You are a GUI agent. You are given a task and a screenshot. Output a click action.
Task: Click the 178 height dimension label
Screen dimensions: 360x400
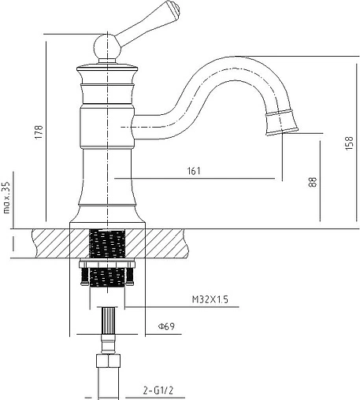[x=39, y=132]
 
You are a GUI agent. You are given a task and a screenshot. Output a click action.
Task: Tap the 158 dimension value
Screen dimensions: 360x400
[x=350, y=143]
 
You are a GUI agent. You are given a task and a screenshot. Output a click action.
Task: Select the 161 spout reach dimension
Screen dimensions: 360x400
[x=194, y=171]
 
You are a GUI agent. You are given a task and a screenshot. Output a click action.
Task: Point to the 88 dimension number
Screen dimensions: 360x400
[x=313, y=182]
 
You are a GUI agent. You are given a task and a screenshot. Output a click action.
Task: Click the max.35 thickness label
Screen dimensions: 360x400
[x=6, y=197]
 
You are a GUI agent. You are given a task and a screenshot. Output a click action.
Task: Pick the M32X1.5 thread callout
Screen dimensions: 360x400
[x=210, y=299]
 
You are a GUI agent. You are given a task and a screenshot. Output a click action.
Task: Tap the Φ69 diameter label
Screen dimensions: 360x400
[x=166, y=327]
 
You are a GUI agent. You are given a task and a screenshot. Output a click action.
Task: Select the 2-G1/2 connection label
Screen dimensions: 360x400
[x=158, y=391]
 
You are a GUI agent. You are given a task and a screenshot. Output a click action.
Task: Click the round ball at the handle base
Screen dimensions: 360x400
[x=107, y=47]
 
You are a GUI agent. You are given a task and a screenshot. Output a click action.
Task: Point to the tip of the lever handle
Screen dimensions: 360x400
[x=176, y=8]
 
